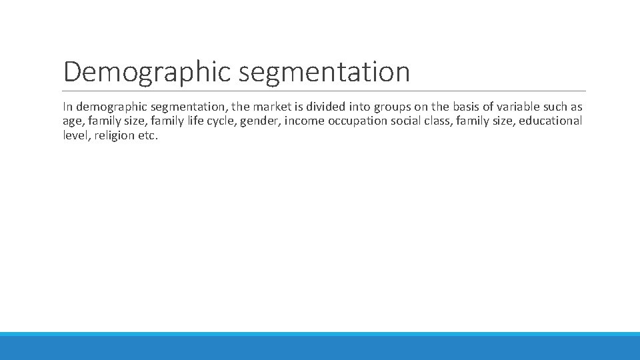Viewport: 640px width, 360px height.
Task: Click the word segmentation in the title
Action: pos(325,72)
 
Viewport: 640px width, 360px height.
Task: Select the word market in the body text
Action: pos(270,107)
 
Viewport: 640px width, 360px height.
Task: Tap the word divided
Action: pos(325,107)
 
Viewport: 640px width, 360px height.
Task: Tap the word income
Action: pos(304,121)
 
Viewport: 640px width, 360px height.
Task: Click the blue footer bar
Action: pos(320,347)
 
